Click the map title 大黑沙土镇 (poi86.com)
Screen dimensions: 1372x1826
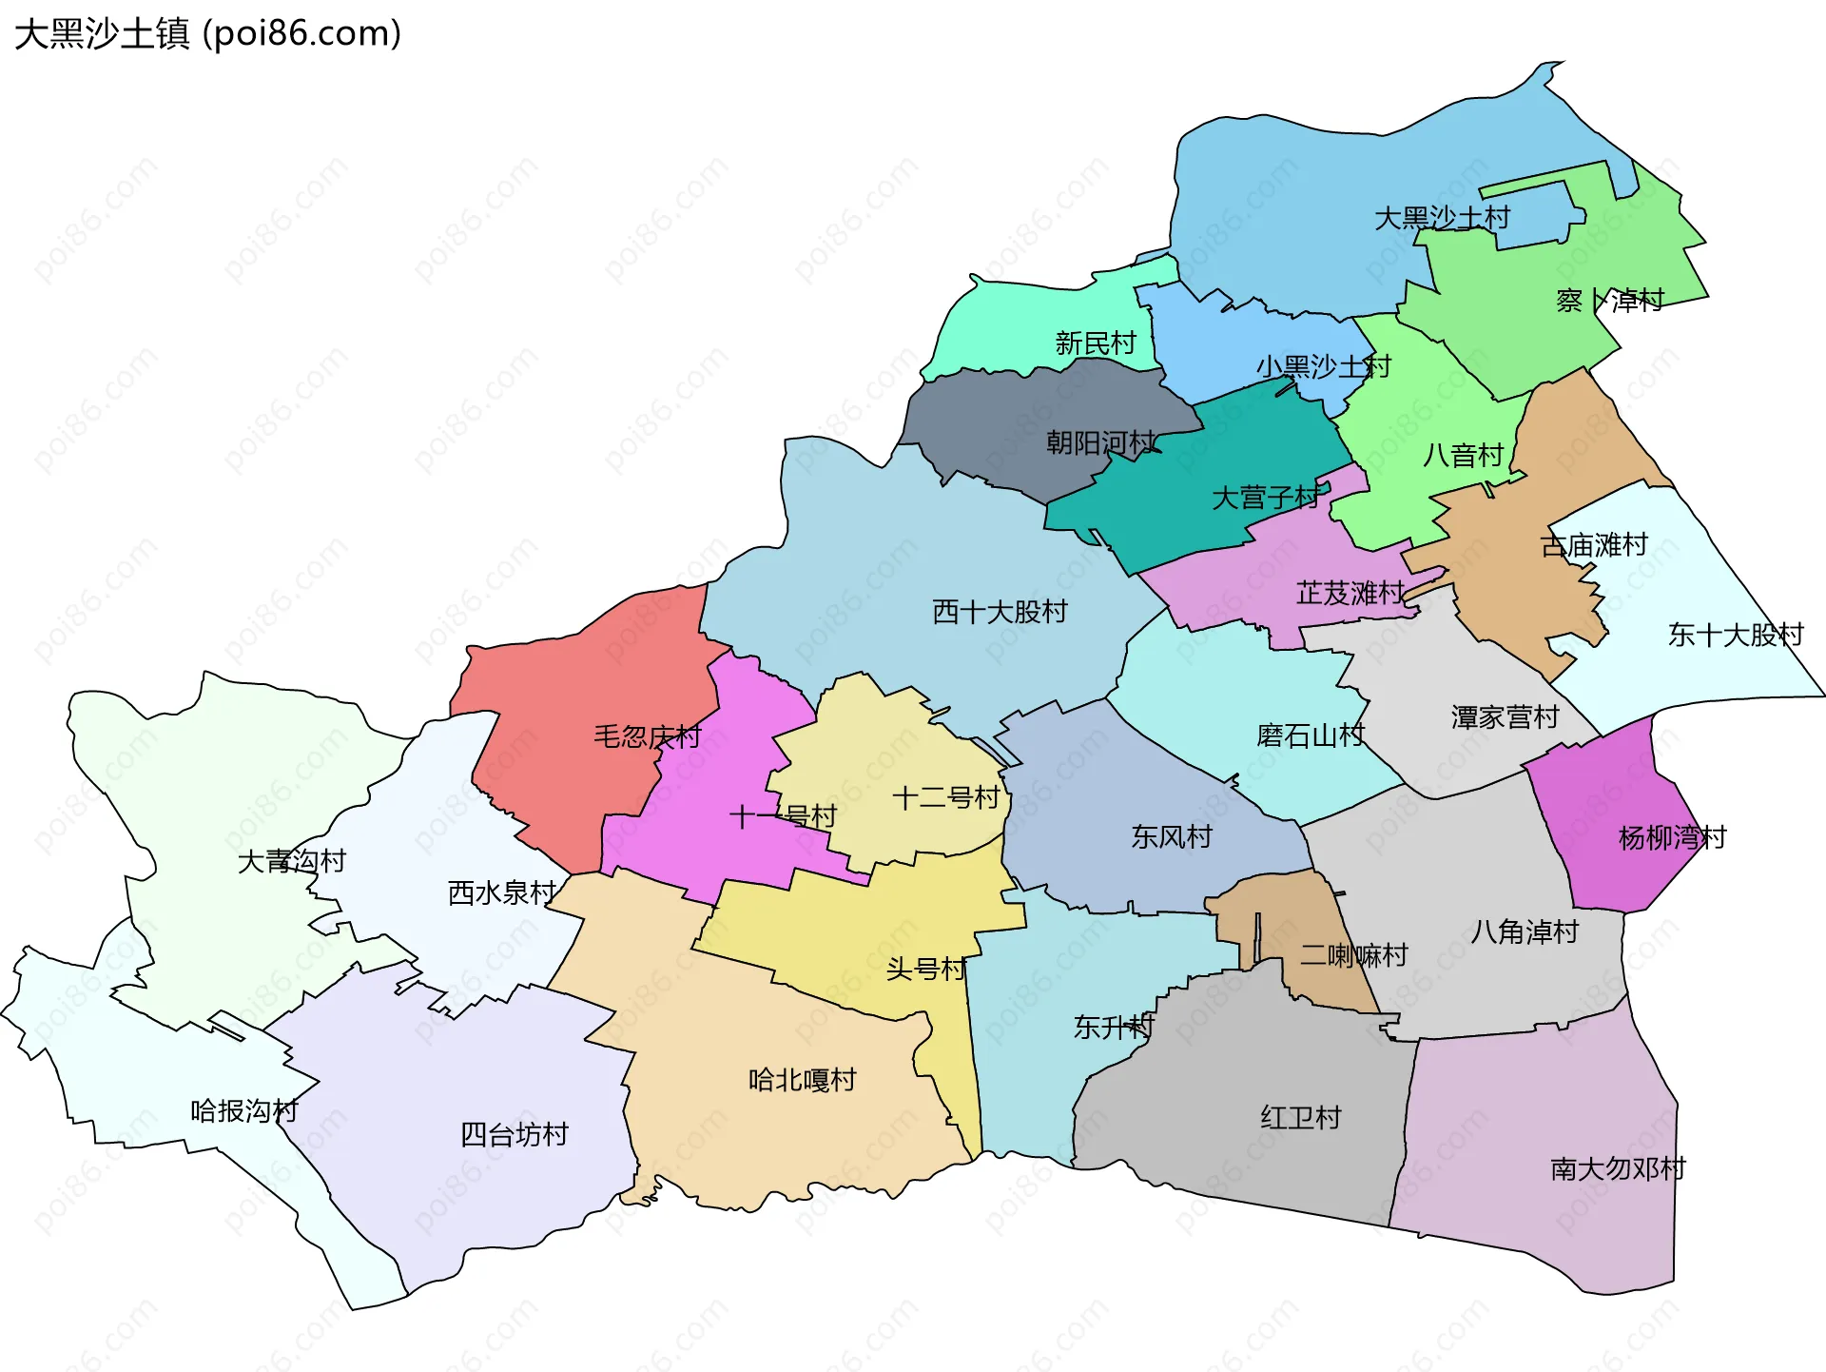[x=207, y=33]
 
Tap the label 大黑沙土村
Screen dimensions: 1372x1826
[x=1442, y=218]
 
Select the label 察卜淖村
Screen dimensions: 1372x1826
[x=1609, y=301]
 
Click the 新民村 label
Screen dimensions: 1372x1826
[x=1096, y=343]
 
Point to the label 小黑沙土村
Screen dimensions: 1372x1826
[x=1323, y=366]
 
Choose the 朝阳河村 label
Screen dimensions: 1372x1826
[x=1101, y=442]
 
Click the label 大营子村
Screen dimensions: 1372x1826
[x=1265, y=497]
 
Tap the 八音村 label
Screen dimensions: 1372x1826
[x=1463, y=455]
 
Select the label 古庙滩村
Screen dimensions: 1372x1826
[x=1594, y=545]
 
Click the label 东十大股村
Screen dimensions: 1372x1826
[x=1736, y=635]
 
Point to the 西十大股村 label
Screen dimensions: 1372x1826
[x=1000, y=612]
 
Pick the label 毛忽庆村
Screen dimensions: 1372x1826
[x=647, y=736]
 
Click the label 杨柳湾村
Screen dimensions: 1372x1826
[x=1672, y=837]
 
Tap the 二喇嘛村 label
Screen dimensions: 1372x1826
[x=1353, y=954]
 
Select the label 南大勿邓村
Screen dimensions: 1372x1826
[x=1618, y=1168]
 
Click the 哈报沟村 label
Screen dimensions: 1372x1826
[x=244, y=1110]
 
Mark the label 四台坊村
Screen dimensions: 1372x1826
[x=514, y=1134]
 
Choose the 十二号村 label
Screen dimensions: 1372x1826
[x=945, y=797]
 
